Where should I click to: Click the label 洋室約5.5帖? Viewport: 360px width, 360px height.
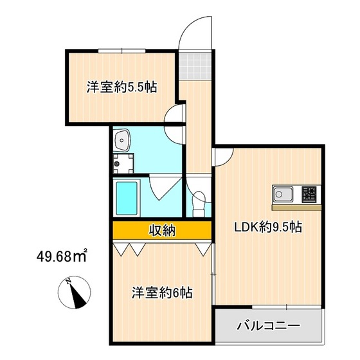(122, 87)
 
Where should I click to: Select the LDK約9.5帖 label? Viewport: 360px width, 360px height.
(268, 226)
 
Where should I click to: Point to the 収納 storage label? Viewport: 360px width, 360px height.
(161, 230)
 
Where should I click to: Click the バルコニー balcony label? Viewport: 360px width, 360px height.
(268, 325)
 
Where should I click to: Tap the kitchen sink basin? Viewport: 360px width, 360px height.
(283, 193)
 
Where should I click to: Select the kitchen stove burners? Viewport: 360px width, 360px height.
(310, 193)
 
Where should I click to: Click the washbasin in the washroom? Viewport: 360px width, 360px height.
(122, 139)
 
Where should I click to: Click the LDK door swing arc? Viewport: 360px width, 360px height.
(224, 155)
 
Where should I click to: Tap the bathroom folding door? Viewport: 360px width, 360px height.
(161, 190)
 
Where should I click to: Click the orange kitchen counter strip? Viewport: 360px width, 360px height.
(296, 207)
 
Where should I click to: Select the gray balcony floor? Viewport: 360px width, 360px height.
(268, 327)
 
